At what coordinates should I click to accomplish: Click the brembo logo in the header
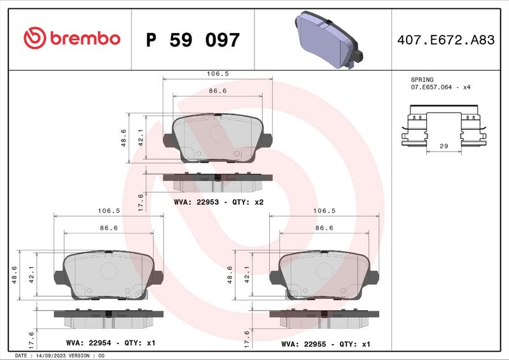71,39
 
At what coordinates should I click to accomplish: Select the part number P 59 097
193,40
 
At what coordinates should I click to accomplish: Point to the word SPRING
422,80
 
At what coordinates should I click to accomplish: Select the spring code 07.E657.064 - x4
440,87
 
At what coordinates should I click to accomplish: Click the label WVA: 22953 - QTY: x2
218,202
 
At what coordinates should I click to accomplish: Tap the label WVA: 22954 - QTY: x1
111,343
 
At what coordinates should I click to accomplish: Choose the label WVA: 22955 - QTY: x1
326,343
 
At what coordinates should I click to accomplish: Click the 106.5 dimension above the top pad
218,74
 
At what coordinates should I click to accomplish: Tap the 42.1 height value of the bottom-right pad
248,275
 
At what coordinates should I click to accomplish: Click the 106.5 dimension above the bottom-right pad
325,211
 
